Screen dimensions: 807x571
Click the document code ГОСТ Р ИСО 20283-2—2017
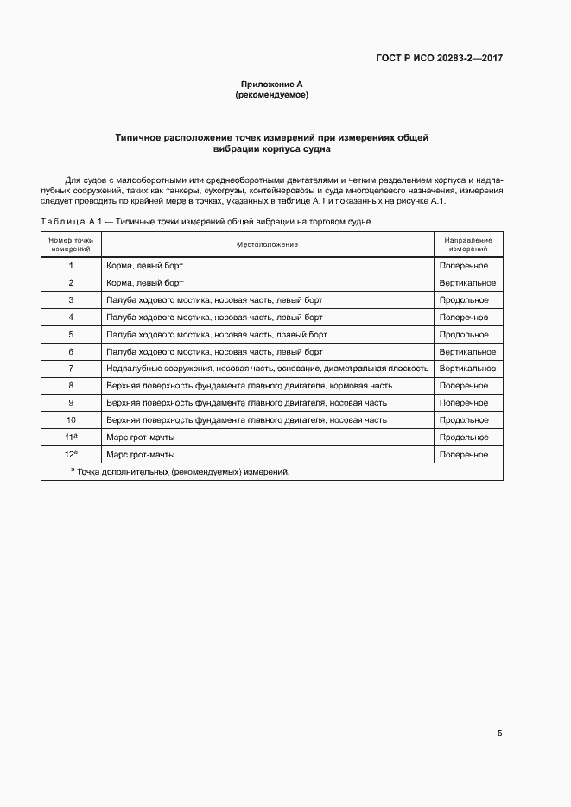tap(441, 59)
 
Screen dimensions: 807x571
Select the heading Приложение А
tap(271, 85)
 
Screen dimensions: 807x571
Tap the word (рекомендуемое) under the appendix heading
tap(271, 95)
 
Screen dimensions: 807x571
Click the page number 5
tap(500, 734)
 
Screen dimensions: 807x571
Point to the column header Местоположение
tap(267, 244)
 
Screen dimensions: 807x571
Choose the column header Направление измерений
tap(468, 244)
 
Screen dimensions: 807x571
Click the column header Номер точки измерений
tap(71, 244)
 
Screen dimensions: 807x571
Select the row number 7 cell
tap(71, 369)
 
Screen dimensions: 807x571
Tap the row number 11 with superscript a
tap(71, 438)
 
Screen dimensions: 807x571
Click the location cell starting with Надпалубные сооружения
tap(267, 369)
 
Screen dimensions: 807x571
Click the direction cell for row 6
tap(467, 352)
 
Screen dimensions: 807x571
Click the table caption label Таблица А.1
tap(71, 223)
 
